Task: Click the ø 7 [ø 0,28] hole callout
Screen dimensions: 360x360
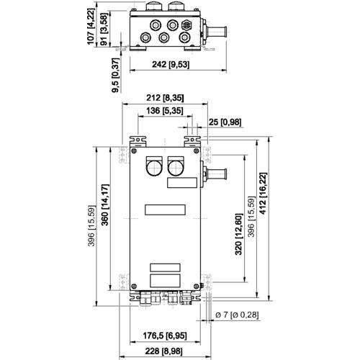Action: (237, 315)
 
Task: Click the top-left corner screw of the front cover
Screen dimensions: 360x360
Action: (134, 151)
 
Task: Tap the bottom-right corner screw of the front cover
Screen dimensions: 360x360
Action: (197, 286)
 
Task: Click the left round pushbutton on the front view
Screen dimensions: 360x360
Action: (154, 167)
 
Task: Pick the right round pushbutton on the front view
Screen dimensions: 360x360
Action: (176, 167)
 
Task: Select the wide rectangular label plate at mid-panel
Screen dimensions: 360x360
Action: (165, 210)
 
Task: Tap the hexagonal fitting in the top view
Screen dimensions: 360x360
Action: (187, 24)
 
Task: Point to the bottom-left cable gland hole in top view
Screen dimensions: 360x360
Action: (145, 37)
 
